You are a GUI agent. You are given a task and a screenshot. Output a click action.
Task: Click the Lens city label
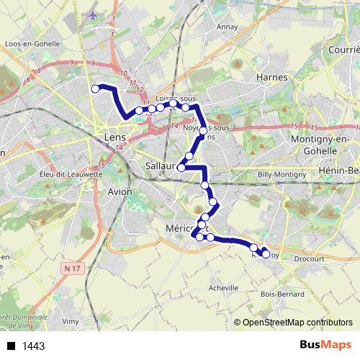115,136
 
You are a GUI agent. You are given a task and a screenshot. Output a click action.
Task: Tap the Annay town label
228,27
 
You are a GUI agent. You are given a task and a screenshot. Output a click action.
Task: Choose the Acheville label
222,287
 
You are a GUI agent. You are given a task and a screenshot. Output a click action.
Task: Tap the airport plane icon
93,14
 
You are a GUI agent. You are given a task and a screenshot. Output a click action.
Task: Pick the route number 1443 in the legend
34,346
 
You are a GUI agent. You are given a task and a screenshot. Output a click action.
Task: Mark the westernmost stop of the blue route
94,89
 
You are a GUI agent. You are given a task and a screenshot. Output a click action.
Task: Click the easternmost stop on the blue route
266,254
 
